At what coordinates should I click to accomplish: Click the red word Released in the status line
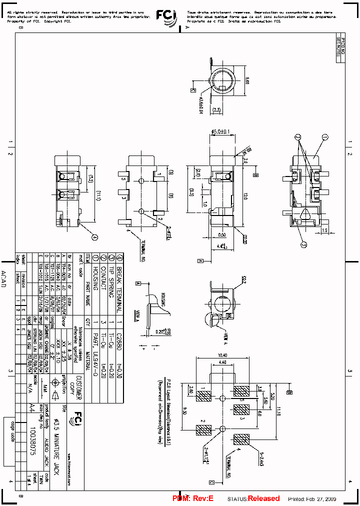point(264,498)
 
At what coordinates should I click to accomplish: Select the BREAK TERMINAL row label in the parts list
point(119,282)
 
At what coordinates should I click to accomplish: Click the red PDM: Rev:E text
point(193,498)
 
